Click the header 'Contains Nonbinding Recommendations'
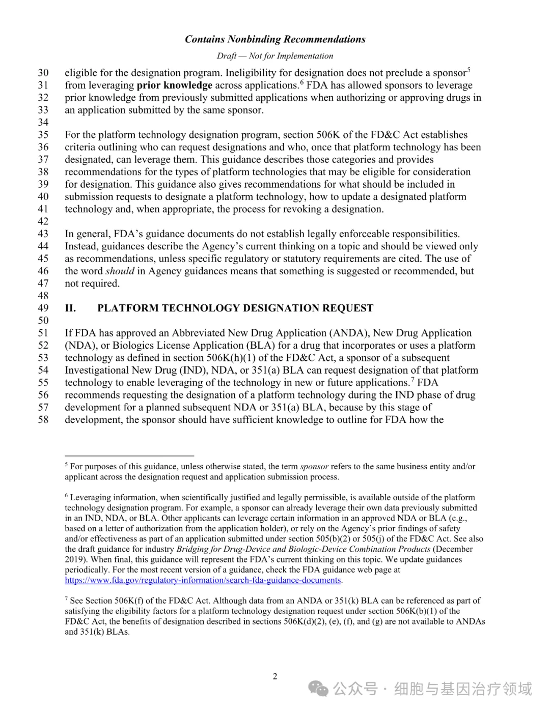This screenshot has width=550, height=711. tap(275, 39)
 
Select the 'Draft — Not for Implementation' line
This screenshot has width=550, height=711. tap(275, 56)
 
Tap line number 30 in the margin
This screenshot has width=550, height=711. tap(43, 73)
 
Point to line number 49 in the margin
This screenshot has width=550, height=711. tap(43, 308)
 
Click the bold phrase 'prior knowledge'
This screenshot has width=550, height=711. tap(174, 85)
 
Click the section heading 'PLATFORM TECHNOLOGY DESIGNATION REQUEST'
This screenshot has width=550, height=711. tap(235, 308)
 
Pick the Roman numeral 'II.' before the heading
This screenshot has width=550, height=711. tap(70, 308)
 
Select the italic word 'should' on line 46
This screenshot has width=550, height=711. tap(120, 271)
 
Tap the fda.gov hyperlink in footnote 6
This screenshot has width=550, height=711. tap(203, 580)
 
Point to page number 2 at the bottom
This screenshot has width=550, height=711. tap(275, 676)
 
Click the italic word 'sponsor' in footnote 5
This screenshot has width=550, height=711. tap(314, 466)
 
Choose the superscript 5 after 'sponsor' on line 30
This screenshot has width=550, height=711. tap(469, 70)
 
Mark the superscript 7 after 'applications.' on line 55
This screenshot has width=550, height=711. tap(413, 380)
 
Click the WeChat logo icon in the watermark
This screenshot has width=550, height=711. tap(318, 689)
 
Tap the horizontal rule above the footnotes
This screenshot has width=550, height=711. tap(129, 456)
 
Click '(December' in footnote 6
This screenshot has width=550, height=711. tap(453, 549)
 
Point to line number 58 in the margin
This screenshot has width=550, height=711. tap(43, 420)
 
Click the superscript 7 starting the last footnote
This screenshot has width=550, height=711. tap(66, 599)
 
